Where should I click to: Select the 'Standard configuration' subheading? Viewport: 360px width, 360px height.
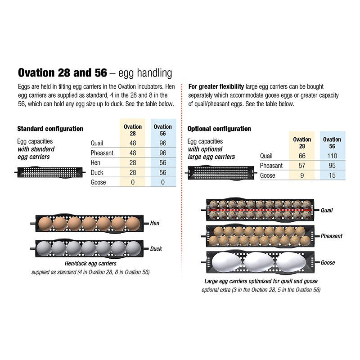(50, 129)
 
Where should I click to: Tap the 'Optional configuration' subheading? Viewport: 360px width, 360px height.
(219, 129)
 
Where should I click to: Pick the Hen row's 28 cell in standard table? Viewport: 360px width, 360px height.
(133, 163)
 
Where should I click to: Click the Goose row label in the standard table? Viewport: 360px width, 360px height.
(98, 182)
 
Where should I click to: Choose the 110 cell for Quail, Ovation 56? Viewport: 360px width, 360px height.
(332, 156)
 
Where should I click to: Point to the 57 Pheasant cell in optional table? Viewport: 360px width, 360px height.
(301, 166)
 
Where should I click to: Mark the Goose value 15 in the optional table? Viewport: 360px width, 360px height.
(332, 175)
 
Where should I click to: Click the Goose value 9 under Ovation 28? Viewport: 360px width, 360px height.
(301, 175)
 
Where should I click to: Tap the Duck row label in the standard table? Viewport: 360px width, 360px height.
(97, 173)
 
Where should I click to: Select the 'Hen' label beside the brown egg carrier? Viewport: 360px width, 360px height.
(154, 223)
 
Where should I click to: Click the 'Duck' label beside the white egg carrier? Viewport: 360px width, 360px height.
(156, 249)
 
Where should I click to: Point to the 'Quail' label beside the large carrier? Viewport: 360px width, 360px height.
(327, 210)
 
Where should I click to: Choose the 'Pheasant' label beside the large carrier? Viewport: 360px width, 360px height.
(332, 236)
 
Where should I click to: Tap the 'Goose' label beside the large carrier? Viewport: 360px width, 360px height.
(328, 262)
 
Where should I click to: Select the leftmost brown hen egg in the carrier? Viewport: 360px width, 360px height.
(46, 223)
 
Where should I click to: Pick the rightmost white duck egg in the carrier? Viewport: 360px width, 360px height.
(133, 248)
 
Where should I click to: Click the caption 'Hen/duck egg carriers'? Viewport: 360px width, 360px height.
(90, 263)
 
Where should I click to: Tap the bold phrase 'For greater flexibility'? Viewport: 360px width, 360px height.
(216, 86)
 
